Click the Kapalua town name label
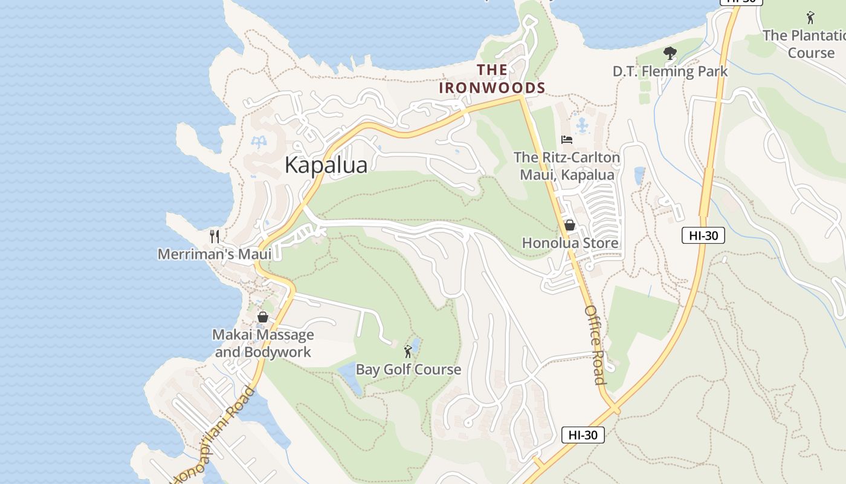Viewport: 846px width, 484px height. click(326, 165)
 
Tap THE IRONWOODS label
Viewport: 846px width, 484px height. click(492, 79)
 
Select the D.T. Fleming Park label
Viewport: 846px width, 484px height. click(670, 71)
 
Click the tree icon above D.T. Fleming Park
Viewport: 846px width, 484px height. click(670, 54)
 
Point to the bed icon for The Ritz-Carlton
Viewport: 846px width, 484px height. click(566, 140)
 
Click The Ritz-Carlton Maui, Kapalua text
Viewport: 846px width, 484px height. click(566, 166)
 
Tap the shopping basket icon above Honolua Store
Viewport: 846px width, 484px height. click(569, 226)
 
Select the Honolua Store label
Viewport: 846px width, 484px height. click(570, 243)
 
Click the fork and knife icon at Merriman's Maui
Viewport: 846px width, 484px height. click(214, 236)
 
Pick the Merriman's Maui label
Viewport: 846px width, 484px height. click(215, 254)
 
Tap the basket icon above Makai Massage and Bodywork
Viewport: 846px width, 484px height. click(263, 317)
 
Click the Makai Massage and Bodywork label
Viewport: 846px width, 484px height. click(263, 343)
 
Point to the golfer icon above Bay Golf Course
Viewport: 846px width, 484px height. click(408, 351)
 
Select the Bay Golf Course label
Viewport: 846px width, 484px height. click(408, 369)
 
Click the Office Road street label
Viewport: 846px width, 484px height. click(595, 344)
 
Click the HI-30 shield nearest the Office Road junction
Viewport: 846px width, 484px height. click(583, 434)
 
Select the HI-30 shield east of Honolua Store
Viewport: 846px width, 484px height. click(703, 235)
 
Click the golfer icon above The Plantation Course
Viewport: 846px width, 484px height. click(810, 18)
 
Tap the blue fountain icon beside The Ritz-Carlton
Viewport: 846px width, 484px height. click(582, 126)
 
